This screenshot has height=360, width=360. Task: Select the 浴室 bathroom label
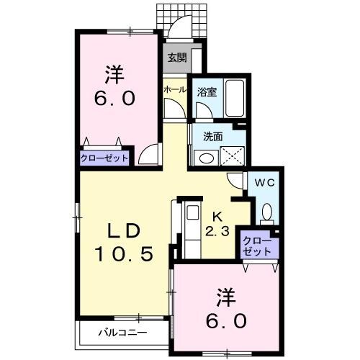pos(206,91)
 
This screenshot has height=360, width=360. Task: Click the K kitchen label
pos(217,213)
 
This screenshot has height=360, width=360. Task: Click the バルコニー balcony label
pos(122,333)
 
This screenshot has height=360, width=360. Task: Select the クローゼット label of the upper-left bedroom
pos(105,158)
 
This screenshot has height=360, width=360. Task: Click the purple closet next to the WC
pos(257,246)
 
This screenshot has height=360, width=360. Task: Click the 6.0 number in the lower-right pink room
pos(225,318)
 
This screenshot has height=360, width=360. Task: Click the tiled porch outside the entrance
pos(184,22)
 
